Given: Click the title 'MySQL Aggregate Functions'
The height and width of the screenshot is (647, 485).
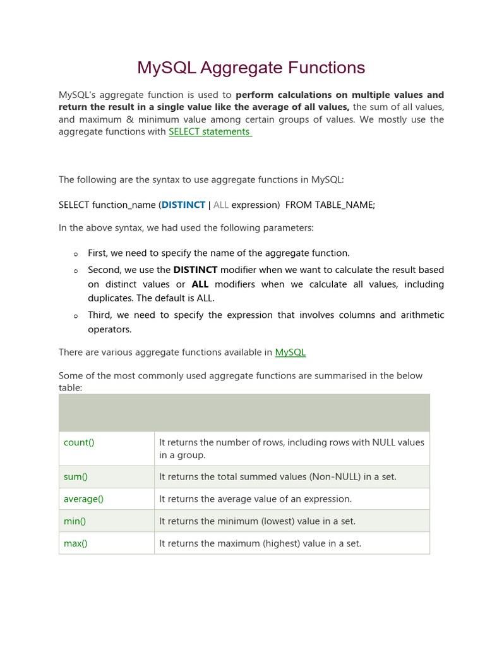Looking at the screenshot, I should coord(251,68).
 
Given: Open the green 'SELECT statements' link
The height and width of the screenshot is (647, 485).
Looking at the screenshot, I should coord(210,131).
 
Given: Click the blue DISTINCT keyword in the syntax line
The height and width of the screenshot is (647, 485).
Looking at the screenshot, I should coord(183,205).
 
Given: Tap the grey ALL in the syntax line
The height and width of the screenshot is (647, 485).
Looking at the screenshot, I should coord(221,205).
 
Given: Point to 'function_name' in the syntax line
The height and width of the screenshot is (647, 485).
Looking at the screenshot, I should coord(124,205).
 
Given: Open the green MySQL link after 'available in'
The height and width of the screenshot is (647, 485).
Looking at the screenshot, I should coord(290,352).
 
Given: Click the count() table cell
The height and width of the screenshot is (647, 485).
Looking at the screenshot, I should coord(79,442).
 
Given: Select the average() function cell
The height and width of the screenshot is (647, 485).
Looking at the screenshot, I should coord(83,499).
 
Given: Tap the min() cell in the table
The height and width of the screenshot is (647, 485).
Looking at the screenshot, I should coord(75,521).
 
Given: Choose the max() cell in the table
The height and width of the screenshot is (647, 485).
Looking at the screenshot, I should coord(76,543).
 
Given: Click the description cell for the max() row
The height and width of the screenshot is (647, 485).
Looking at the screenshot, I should coord(260,543).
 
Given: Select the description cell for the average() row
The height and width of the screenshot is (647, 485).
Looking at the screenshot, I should coord(255,499).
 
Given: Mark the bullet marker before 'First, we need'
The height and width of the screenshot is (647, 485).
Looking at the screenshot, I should coord(75,254).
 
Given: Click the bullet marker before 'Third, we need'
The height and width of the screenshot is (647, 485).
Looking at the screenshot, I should coord(75,316).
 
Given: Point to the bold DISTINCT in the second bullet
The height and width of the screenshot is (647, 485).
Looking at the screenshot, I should coord(195,270).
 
